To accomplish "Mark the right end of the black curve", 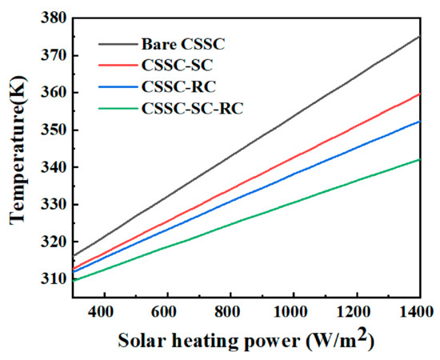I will pyautogui.click(x=419, y=36).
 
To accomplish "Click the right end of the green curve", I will pyautogui.click(x=419, y=159).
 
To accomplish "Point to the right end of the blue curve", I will pyautogui.click(x=419, y=122).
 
